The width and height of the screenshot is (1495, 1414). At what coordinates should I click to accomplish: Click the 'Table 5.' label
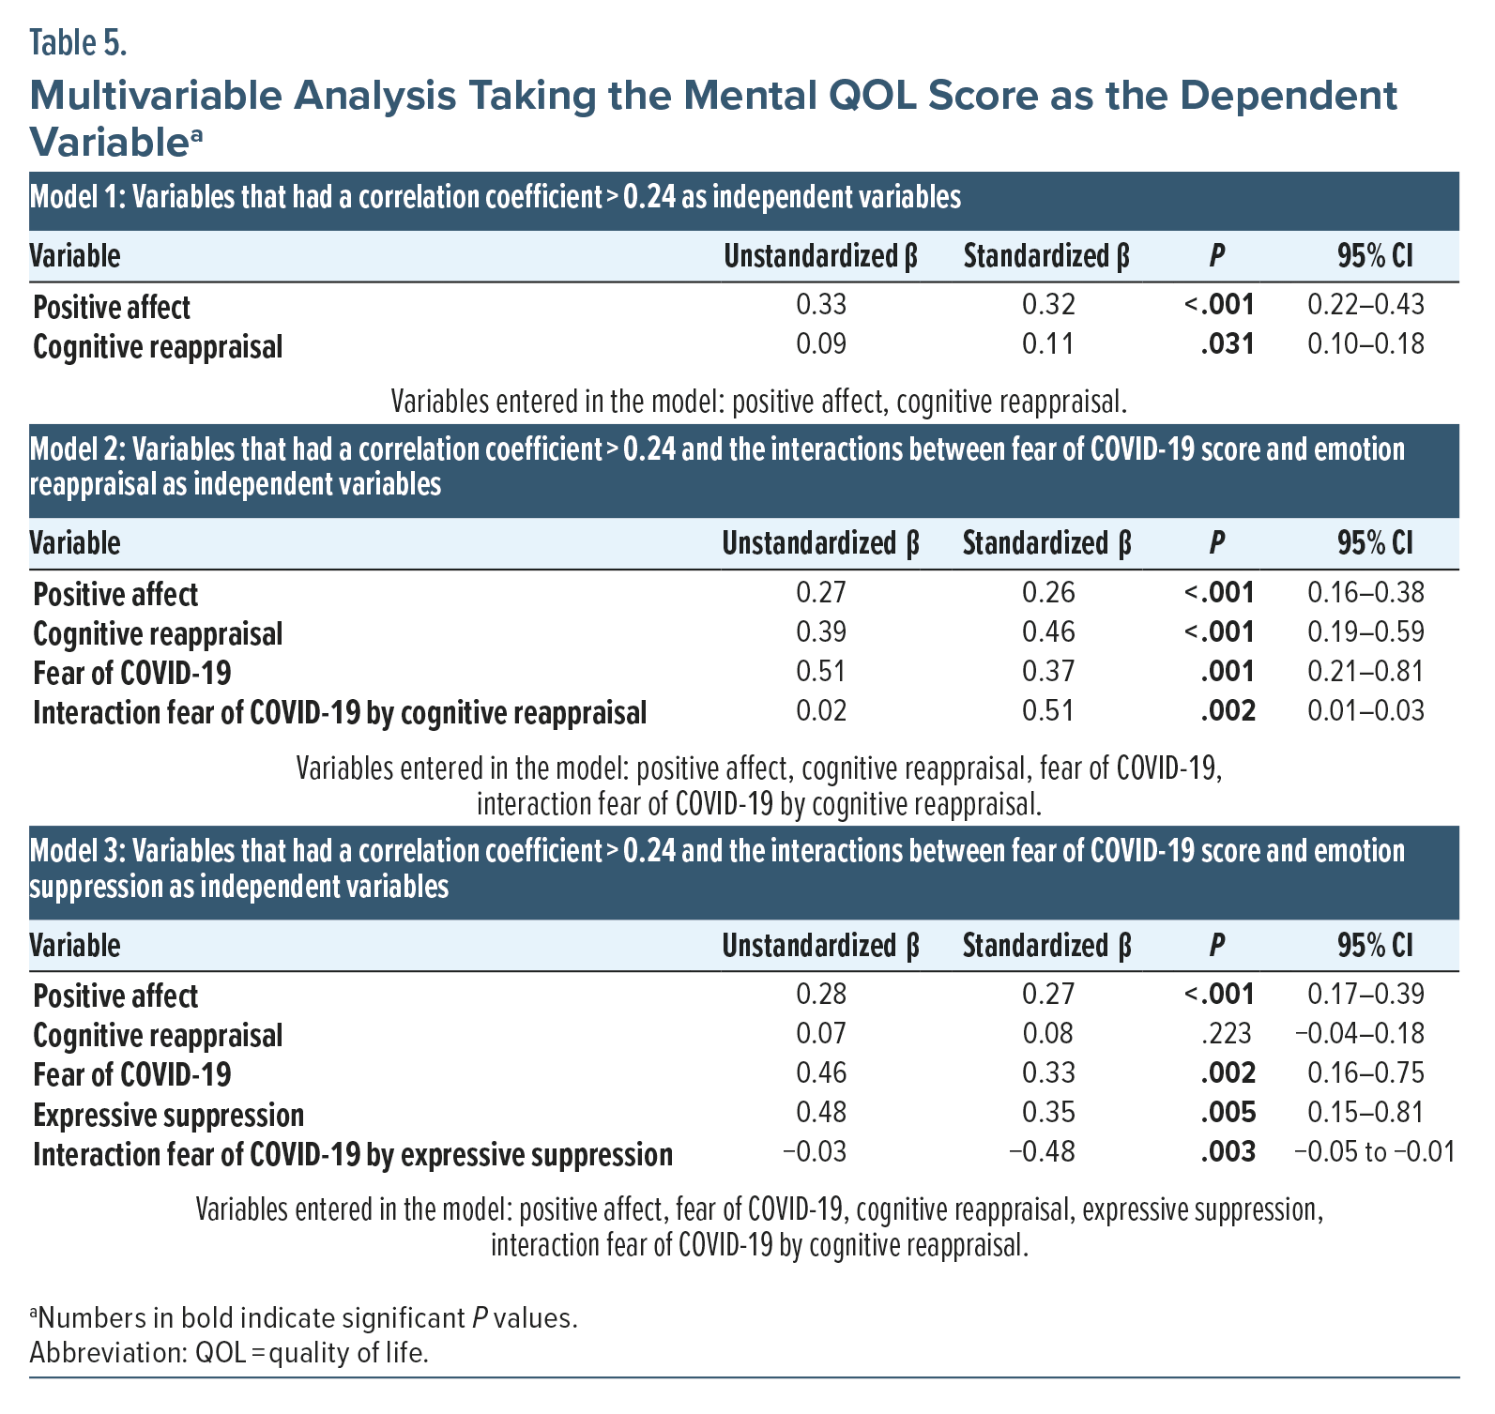pos(78,42)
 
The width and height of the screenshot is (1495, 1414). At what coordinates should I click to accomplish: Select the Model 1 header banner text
pos(496,197)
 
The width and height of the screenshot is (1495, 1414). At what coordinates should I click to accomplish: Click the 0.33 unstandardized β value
pos(820,305)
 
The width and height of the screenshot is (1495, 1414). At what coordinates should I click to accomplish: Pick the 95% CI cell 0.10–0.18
pos(1365,344)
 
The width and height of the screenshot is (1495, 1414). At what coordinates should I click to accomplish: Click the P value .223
pos(1227,1034)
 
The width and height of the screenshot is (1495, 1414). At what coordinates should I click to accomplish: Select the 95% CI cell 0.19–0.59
pos(1365,631)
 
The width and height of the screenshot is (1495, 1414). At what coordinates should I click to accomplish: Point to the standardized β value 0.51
pos(1047,711)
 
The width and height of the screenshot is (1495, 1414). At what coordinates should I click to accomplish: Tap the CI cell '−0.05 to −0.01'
pos(1374,1151)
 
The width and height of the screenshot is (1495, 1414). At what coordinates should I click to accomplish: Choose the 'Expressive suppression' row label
pos(169,1115)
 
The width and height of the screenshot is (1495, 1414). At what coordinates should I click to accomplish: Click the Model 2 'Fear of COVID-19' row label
pos(132,673)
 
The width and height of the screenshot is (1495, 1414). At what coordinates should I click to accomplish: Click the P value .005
pos(1228,1113)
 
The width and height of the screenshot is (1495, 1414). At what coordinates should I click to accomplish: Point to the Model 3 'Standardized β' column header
pos(1046,946)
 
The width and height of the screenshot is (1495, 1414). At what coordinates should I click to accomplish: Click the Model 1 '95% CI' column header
pos(1375,256)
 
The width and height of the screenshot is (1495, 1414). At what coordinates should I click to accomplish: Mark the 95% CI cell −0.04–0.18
pos(1359,1034)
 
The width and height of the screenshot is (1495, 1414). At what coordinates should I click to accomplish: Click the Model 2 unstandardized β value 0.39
pos(820,631)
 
